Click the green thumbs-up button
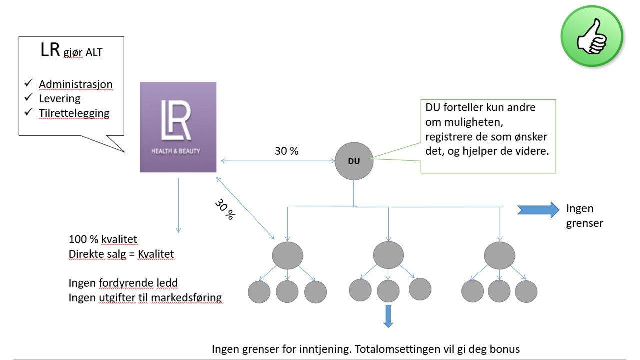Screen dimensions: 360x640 coord(592,36)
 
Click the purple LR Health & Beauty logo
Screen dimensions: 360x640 coord(178,127)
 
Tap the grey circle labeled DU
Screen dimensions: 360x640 coord(354,161)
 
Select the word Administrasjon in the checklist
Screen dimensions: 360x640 coord(76,84)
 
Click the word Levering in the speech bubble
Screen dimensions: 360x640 coord(59,98)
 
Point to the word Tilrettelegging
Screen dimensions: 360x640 coord(74,113)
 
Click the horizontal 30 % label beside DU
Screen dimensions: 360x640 coord(286,151)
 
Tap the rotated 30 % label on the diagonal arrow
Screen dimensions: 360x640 coord(225,210)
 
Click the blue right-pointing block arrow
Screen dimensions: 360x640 coord(538,210)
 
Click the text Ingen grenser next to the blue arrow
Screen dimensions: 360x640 coord(584,215)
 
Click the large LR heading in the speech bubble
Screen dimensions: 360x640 coord(50,50)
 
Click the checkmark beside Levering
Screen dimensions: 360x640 coord(28,97)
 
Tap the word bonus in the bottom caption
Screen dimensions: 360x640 coord(505,348)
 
